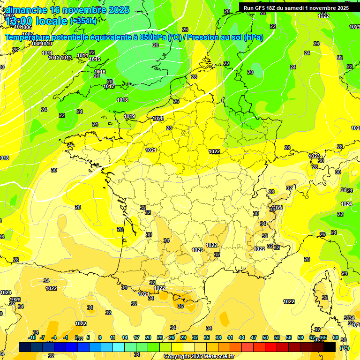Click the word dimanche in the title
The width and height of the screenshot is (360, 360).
pyautogui.click(x=26, y=10)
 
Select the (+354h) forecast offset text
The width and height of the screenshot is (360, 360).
pyautogui.click(x=83, y=21)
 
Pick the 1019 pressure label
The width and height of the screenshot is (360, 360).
pyautogui.click(x=130, y=116)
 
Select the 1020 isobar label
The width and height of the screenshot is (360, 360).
pyautogui.click(x=158, y=119)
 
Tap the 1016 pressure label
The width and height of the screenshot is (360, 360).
pyautogui.click(x=100, y=72)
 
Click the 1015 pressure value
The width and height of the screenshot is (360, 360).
pyautogui.click(x=95, y=59)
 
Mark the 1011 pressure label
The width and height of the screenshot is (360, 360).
pyautogui.click(x=47, y=53)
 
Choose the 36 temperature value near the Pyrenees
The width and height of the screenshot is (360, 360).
pyautogui.click(x=180, y=306)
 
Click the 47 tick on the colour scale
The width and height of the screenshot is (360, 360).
pyautogui.click(x=254, y=337)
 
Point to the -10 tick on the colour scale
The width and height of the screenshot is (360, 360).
pyautogui.click(x=32, y=337)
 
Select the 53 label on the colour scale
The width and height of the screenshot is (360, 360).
pyautogui.click(x=277, y=337)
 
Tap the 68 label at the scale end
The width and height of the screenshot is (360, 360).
pyautogui.click(x=336, y=337)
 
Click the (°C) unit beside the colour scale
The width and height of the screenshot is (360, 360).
pyautogui.click(x=345, y=348)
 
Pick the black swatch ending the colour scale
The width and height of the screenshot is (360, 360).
pyautogui.click(x=330, y=347)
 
